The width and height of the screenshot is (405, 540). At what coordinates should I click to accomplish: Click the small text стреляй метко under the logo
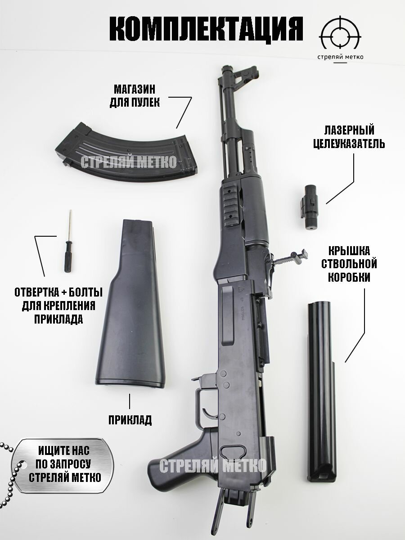tap(340, 57)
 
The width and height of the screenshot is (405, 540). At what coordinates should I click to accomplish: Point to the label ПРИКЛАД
tap(130, 420)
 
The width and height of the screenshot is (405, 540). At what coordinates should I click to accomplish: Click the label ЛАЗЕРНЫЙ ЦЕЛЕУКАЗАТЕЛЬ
tap(355, 137)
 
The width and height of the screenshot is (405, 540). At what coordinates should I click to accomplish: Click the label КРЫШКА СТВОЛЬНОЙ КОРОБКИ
tap(349, 264)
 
